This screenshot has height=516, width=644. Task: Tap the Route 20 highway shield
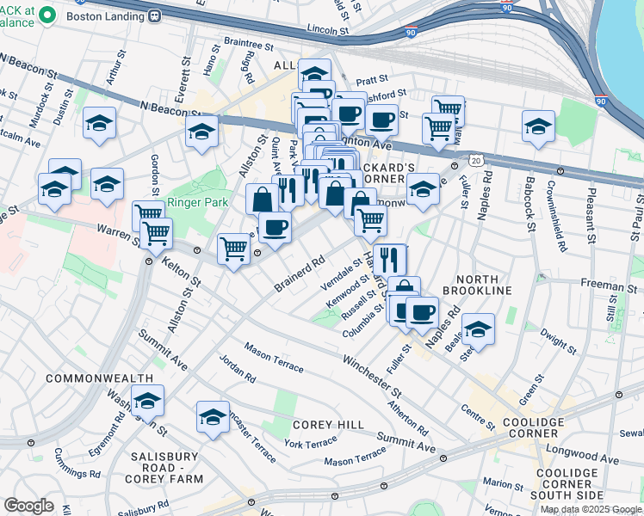[x=475, y=160]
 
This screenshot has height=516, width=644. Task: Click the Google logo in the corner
[x=28, y=506]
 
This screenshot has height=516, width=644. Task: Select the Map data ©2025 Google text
[x=591, y=509]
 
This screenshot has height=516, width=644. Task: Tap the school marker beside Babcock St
[x=538, y=126]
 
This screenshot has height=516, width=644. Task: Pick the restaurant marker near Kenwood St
[x=390, y=257]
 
